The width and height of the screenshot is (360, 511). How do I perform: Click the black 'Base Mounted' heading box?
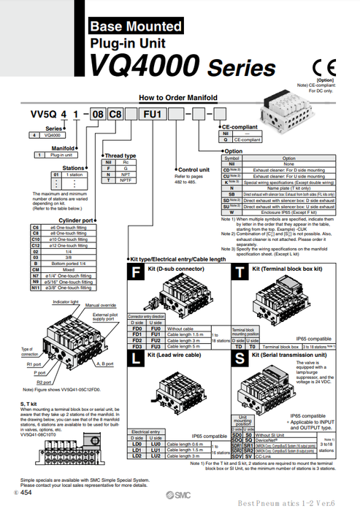click(x=134, y=27)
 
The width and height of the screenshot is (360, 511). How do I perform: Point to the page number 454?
click(x=26, y=493)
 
